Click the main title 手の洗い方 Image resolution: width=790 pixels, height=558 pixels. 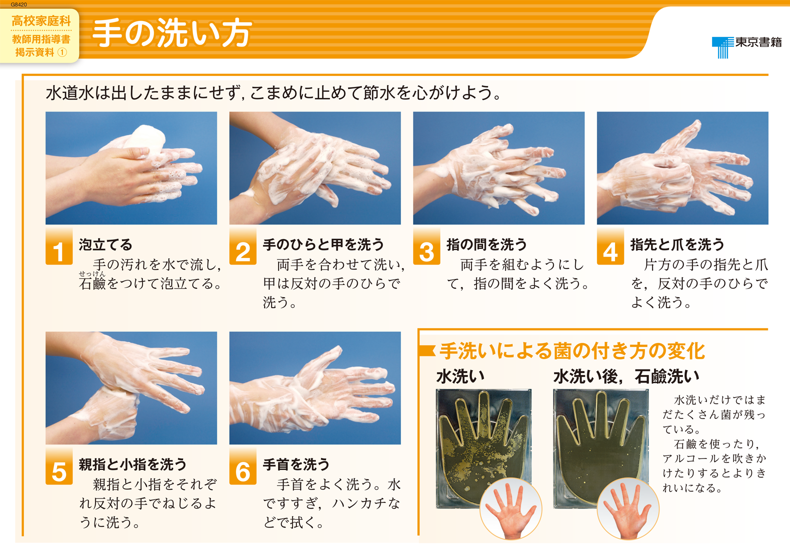172,33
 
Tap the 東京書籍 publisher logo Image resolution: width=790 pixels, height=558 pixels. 746,47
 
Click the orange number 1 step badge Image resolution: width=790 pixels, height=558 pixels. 59,246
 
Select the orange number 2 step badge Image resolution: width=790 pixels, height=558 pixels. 242,246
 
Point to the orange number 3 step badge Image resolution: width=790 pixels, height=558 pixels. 426,246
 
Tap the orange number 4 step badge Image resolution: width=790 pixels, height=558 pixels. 610,246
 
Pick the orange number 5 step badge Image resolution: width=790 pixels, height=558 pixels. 59,466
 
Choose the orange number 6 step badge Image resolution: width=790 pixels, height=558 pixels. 242,466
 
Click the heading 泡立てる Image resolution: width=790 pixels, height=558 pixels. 105,244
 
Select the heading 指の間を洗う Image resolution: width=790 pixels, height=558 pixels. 486,244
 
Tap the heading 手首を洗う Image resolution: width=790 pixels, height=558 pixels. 296,464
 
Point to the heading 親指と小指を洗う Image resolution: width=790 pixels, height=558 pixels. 132,464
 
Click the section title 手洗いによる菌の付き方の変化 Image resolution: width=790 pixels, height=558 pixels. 572,351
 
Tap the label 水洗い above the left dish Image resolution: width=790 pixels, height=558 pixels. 460,376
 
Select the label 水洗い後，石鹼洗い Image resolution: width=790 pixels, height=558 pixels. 626,376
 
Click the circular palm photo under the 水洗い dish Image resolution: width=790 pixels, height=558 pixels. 510,508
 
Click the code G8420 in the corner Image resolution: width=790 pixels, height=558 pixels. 18,4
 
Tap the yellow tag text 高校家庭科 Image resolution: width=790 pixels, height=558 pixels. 41,21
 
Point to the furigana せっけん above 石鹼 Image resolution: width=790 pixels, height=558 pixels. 91,273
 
